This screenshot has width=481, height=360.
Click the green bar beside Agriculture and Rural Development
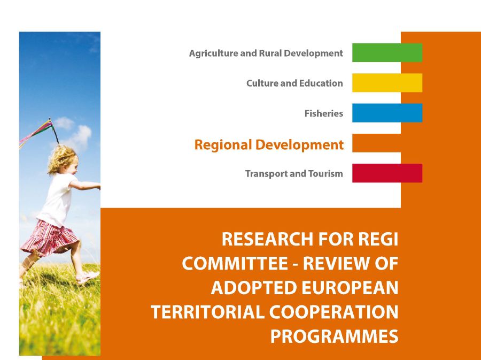pos(387,53)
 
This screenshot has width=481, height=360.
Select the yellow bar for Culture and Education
pos(387,83)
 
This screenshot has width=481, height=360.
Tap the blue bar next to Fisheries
pos(387,113)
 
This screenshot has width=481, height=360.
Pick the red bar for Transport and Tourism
pos(387,173)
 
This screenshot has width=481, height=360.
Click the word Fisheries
pos(324,113)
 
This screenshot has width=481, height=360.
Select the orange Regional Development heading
pos(269,145)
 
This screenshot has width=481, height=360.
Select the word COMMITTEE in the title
pos(235,263)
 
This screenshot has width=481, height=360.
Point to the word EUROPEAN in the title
pos(350,288)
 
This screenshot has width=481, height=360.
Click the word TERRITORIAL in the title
pos(207,312)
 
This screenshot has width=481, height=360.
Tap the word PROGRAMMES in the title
pos(335,336)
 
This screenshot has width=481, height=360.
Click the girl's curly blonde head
pos(63,159)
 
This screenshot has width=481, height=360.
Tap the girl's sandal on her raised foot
pos(88,277)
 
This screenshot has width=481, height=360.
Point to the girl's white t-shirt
pos(58,199)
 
